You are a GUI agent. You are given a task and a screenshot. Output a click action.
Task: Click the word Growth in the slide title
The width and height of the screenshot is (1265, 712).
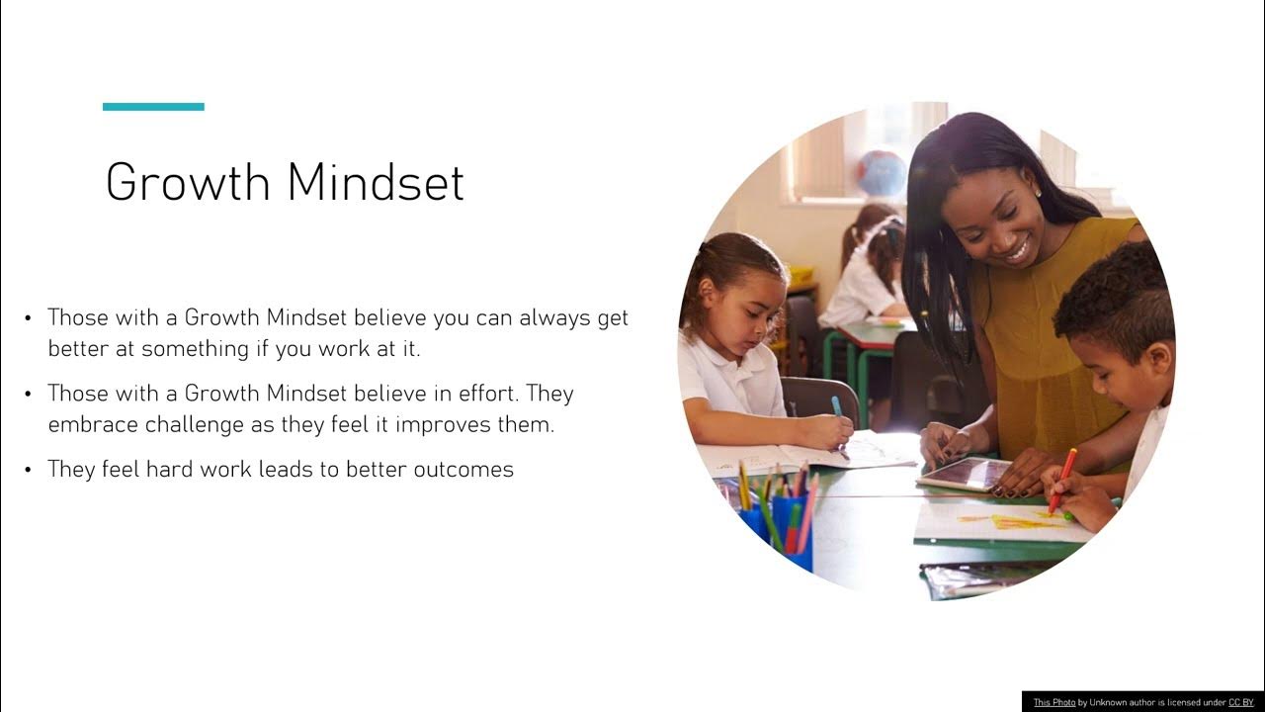click(x=187, y=183)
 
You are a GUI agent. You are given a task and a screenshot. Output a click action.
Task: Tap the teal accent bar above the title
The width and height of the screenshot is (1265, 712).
click(x=153, y=107)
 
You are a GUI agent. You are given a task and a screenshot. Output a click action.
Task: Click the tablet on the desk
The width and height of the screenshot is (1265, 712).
click(x=964, y=474)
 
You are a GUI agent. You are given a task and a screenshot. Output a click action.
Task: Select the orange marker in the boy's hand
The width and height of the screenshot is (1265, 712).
click(x=1063, y=480)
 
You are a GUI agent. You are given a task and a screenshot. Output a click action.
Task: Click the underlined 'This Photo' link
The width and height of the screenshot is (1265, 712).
click(x=1054, y=702)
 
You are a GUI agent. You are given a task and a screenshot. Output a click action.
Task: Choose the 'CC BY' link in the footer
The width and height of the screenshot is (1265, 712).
click(x=1240, y=702)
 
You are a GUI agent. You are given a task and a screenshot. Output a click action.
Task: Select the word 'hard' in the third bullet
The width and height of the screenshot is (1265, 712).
click(x=169, y=470)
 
